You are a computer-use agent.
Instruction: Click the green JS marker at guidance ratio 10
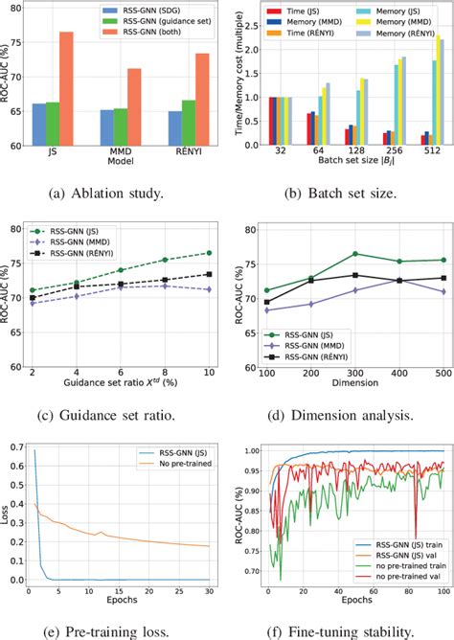point(208,253)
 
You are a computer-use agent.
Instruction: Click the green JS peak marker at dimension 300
point(355,254)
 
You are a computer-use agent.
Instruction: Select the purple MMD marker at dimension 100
point(265,309)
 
